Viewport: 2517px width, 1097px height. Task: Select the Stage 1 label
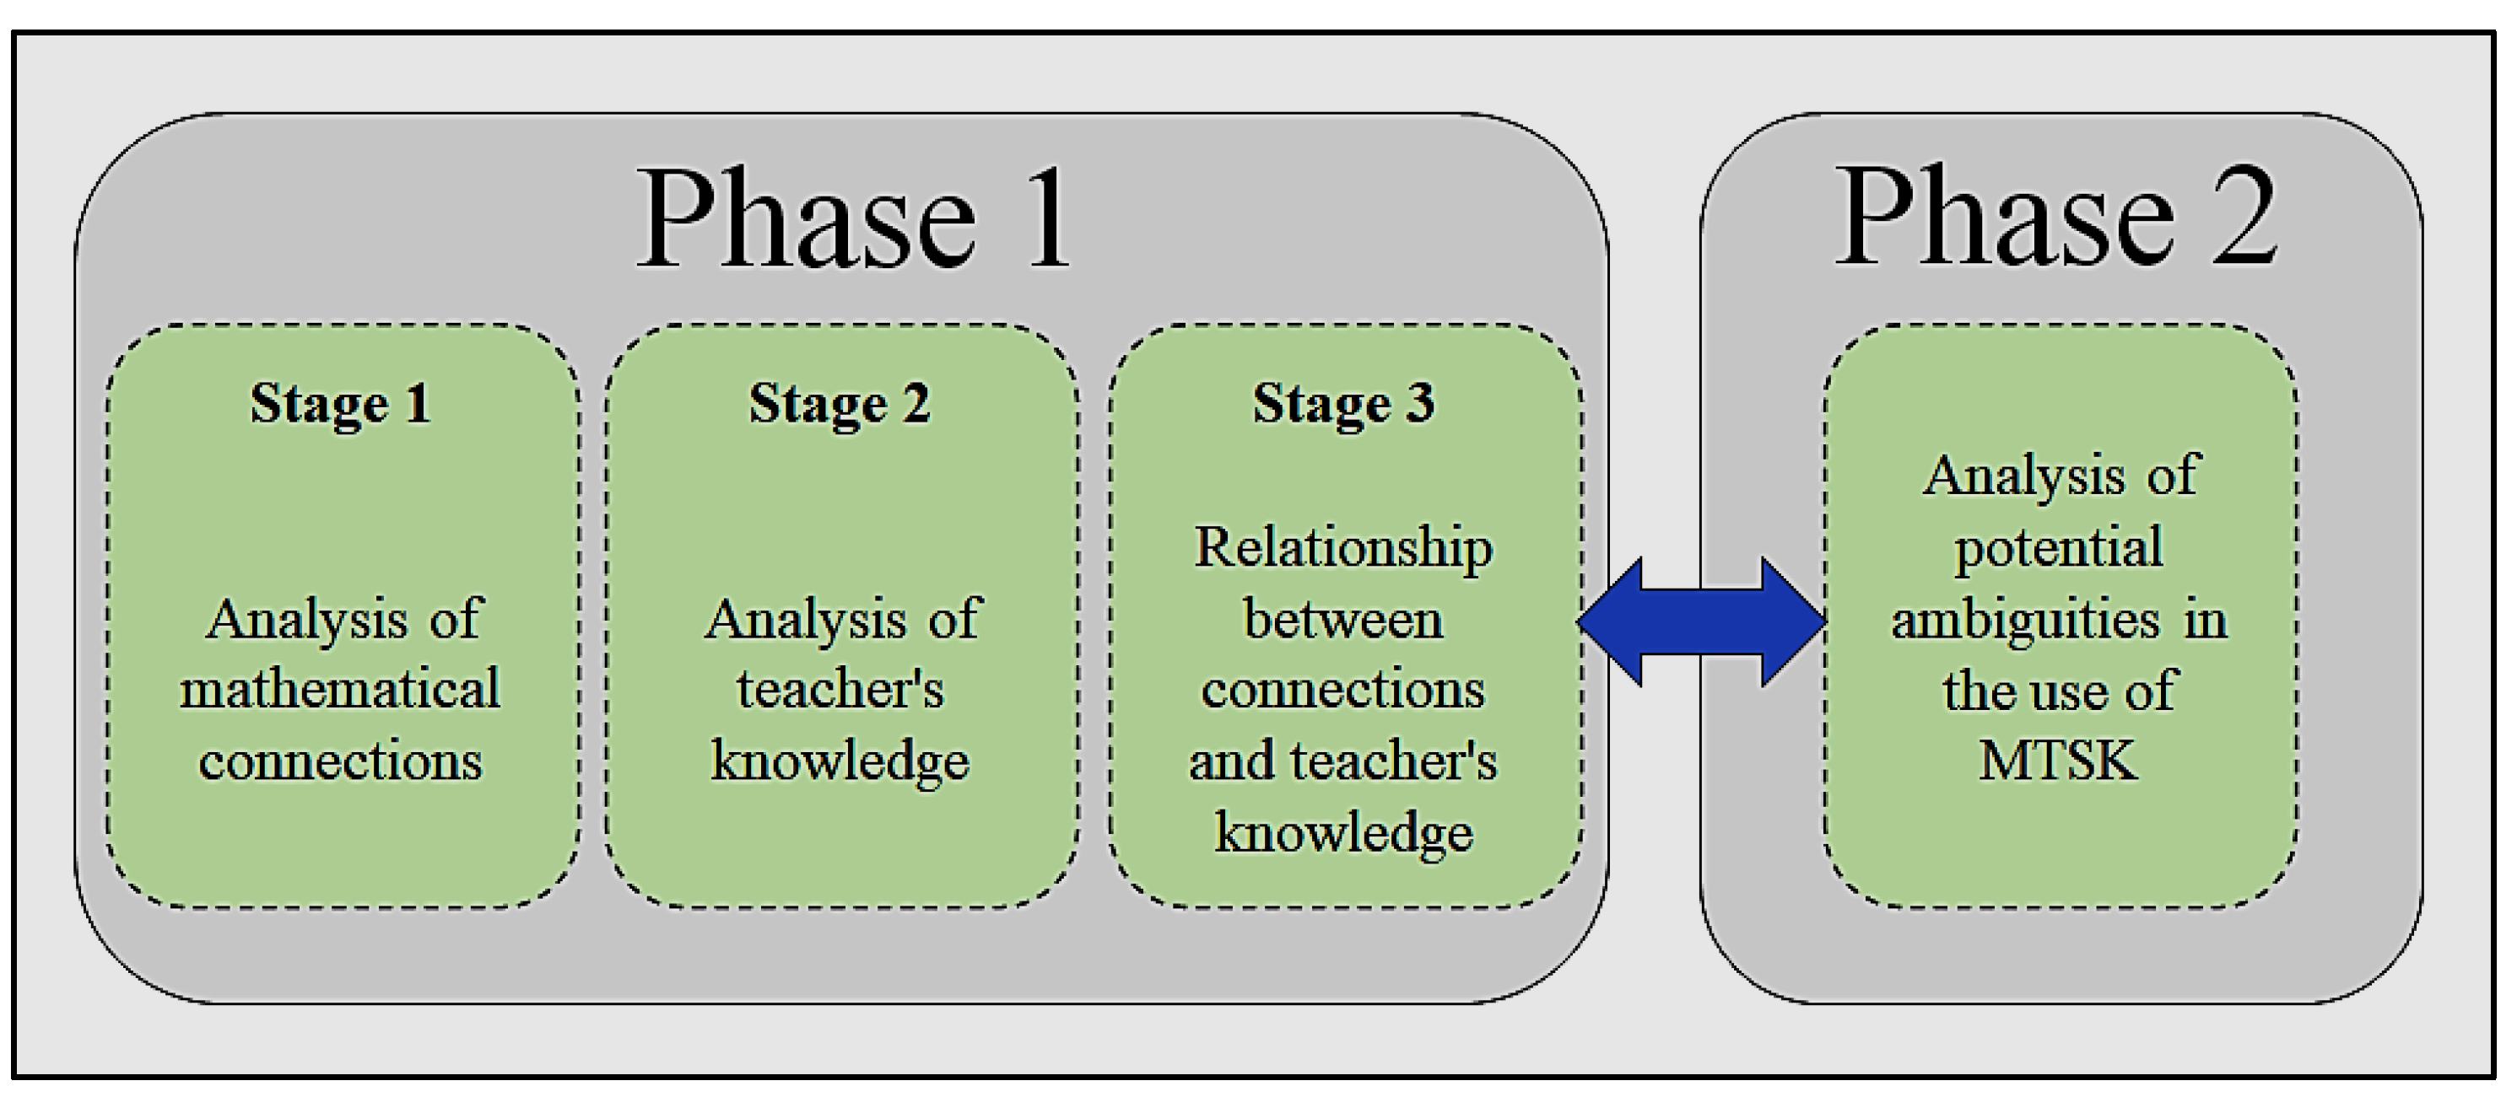[340, 402]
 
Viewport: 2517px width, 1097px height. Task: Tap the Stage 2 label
[840, 402]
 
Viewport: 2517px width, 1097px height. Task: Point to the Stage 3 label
[1343, 402]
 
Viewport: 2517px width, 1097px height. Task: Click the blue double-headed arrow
[1701, 621]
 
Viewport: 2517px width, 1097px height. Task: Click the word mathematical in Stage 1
[340, 689]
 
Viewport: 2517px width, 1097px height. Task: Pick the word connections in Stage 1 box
[340, 760]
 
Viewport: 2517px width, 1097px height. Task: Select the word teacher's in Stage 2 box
[840, 689]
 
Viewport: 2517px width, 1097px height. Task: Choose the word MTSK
[2058, 760]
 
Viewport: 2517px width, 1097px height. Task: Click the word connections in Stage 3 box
[1343, 690]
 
